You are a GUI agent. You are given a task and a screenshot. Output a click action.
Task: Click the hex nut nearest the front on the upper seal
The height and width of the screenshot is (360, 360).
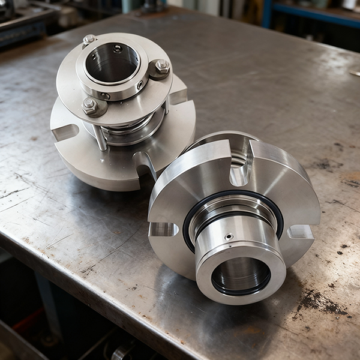pyautogui.click(x=90, y=106)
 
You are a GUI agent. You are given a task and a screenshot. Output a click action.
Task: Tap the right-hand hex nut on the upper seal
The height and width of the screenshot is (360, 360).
pyautogui.click(x=160, y=67)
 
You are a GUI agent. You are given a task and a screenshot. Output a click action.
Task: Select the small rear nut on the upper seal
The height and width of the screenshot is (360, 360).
pyautogui.click(x=89, y=40)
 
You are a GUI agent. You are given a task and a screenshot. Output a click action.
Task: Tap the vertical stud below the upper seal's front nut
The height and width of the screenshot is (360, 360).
pyautogui.click(x=100, y=135)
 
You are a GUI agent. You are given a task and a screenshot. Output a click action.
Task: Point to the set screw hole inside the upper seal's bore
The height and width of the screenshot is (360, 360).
pyautogui.click(x=118, y=48)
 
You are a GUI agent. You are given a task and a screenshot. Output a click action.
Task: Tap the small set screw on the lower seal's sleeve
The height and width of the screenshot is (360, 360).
pyautogui.click(x=229, y=236)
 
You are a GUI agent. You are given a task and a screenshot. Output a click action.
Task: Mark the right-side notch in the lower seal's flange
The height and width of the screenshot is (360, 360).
pyautogui.click(x=300, y=232)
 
